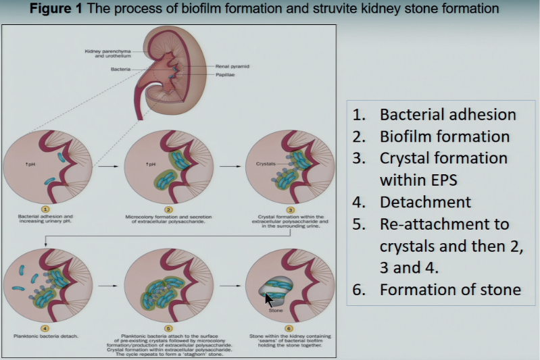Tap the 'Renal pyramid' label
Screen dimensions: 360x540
(x=232, y=66)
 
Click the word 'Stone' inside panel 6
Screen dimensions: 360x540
(x=276, y=311)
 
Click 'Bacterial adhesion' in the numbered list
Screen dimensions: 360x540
(x=448, y=114)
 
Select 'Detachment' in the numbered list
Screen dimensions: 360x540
(x=426, y=202)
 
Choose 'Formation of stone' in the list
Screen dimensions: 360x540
(x=450, y=290)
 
